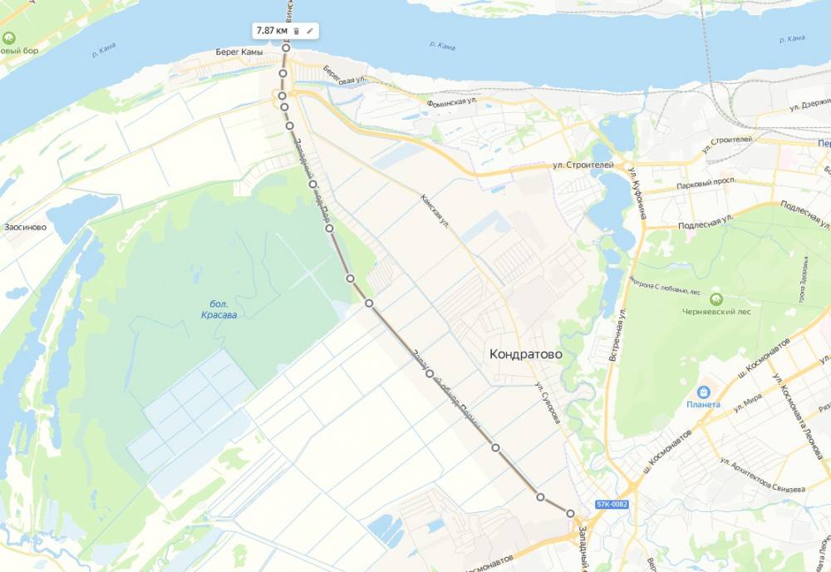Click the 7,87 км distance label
(x=272, y=31)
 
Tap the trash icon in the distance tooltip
(x=297, y=31)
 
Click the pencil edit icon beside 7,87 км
(x=310, y=31)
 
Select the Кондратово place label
(x=526, y=354)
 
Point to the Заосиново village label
(x=25, y=226)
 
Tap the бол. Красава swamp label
(x=219, y=309)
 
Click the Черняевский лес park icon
(x=715, y=298)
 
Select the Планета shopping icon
(x=703, y=391)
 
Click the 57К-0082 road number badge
(x=612, y=505)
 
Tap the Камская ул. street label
(x=435, y=214)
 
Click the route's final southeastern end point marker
(x=571, y=513)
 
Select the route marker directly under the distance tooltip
(x=285, y=47)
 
